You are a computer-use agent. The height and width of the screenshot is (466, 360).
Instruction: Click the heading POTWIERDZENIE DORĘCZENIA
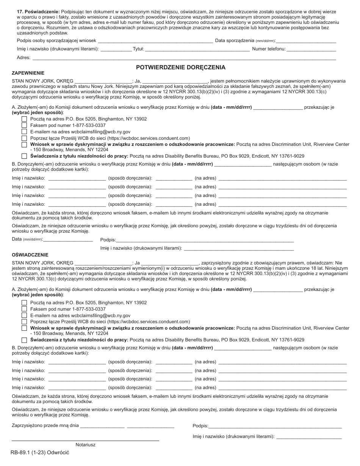(181, 67)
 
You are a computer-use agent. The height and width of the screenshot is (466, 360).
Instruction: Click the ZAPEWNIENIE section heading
(28, 73)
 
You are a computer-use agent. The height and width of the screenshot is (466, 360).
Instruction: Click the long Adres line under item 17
(184, 58)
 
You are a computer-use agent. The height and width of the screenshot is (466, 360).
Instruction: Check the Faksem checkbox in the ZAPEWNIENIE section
(24, 125)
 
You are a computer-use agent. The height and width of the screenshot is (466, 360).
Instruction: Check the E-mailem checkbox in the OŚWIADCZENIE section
(24, 315)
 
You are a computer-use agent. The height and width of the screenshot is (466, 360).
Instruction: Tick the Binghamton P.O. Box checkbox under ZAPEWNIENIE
(24, 119)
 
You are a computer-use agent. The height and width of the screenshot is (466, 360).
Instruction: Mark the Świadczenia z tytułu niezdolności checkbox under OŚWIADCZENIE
(24, 340)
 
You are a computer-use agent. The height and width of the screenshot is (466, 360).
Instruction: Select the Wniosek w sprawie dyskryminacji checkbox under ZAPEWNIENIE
(24, 144)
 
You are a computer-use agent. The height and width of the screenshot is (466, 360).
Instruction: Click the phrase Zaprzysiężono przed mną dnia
(45, 425)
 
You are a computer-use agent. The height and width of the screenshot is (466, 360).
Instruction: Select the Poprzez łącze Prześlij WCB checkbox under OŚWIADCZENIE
(24, 321)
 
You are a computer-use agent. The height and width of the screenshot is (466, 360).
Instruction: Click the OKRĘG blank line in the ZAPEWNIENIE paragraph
(103, 81)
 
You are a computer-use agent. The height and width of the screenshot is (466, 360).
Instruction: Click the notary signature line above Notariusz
(85, 440)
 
